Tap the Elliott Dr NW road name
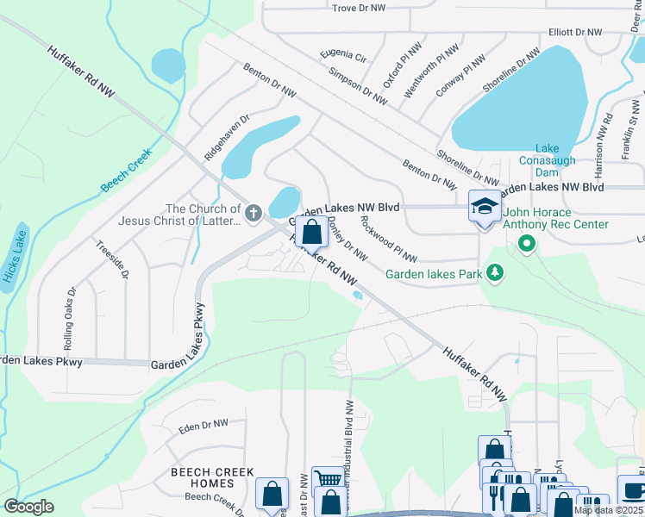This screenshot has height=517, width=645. pyautogui.click(x=576, y=32)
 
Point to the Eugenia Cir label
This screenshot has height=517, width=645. pyautogui.click(x=343, y=57)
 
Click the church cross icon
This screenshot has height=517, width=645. pyautogui.click(x=254, y=212)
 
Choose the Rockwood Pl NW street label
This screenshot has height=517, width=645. pyautogui.click(x=388, y=240)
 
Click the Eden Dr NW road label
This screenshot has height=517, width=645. pyautogui.click(x=203, y=425)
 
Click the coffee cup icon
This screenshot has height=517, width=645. pyautogui.click(x=633, y=489)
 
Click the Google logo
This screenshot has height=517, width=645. pyautogui.click(x=28, y=507)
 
